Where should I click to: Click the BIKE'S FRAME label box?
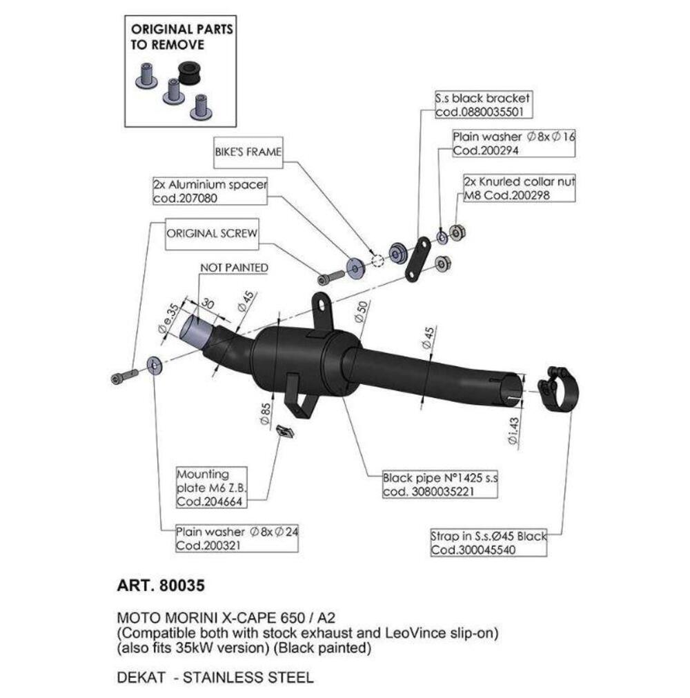(x=248, y=152)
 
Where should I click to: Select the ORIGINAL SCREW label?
(x=212, y=234)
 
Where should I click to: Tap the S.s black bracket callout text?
(x=483, y=106)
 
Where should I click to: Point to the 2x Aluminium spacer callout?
(x=210, y=192)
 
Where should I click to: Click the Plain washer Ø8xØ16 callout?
(x=513, y=143)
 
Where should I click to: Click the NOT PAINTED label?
(x=234, y=267)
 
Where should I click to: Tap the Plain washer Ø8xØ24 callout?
(x=236, y=538)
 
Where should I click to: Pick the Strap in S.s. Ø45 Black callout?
(x=488, y=543)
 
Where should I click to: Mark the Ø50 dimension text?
(x=364, y=314)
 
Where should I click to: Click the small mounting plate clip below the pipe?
(x=283, y=432)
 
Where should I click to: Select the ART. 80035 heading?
(x=161, y=586)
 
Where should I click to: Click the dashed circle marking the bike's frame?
(x=376, y=260)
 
